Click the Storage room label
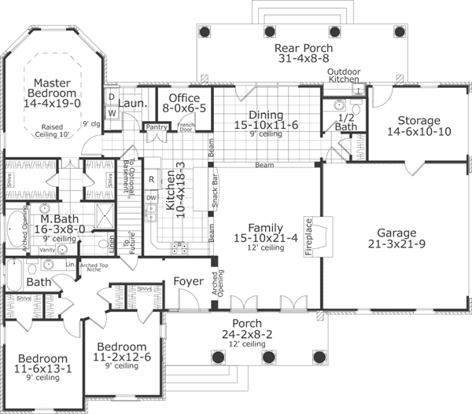(x=418, y=119)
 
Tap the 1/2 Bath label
(x=346, y=121)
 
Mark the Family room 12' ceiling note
(x=263, y=248)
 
